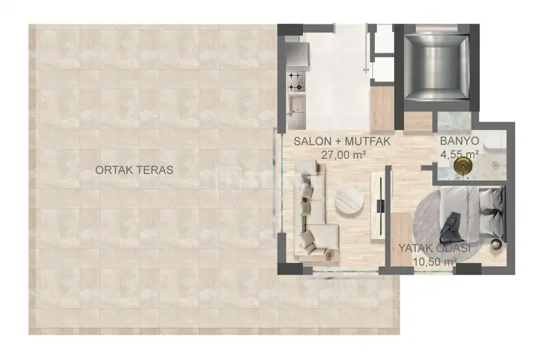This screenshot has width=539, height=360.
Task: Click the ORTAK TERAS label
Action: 134,170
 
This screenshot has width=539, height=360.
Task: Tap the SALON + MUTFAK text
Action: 342,141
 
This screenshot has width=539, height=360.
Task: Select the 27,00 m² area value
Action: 343,154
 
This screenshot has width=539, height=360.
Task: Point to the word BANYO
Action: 460,140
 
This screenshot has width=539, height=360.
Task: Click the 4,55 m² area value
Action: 460,154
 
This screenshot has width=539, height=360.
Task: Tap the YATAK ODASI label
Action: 434,248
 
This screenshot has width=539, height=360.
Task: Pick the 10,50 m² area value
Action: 435,262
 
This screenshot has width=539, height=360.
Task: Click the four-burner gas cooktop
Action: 296,81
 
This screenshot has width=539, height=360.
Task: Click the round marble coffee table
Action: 349,201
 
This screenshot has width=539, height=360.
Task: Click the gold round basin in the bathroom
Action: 463,166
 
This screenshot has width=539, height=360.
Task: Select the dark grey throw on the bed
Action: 451,228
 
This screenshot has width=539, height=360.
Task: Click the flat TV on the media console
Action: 380,206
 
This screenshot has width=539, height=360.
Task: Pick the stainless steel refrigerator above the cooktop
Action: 298,54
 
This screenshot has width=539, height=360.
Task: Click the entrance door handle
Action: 367,70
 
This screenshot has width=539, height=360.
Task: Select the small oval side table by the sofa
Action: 329,255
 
